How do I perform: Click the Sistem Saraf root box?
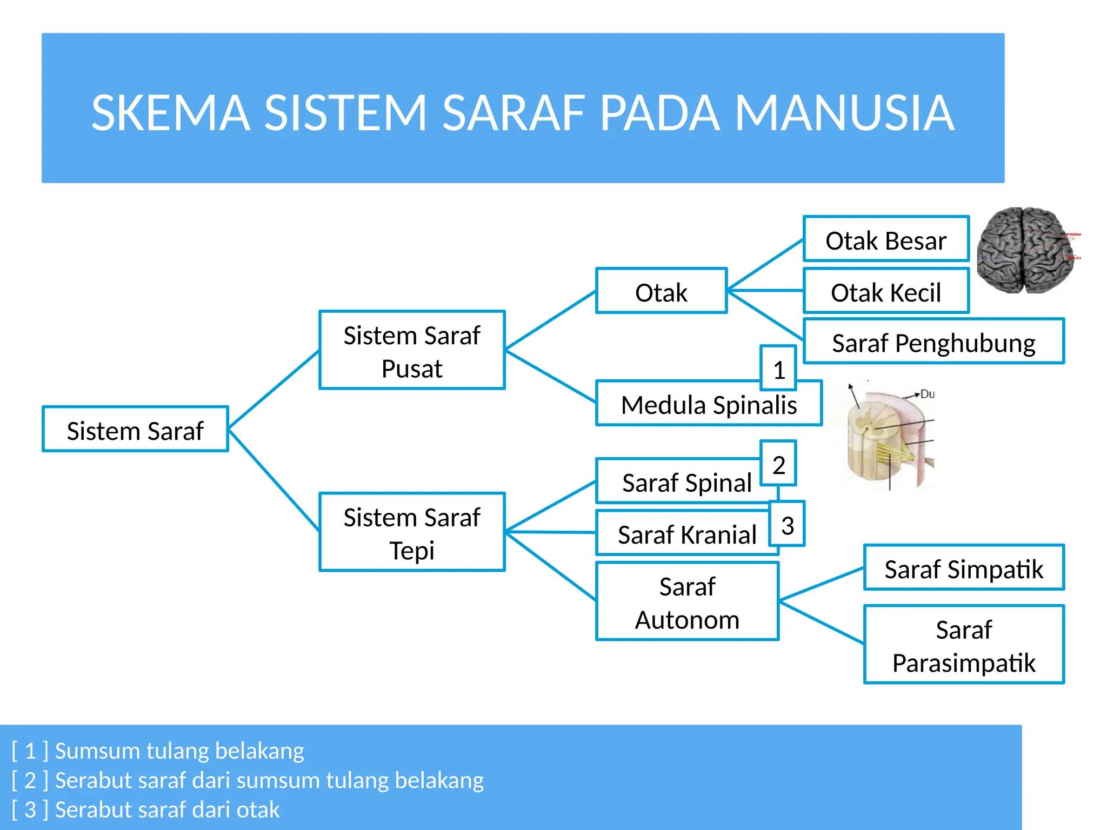135,429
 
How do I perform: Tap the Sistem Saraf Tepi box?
412,532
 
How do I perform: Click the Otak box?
661,291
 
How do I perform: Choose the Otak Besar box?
885,239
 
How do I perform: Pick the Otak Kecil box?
885,291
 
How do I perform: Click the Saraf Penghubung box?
933,342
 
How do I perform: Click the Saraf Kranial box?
686,534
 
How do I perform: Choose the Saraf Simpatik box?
963,568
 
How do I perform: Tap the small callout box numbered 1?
778,369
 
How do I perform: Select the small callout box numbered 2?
778,464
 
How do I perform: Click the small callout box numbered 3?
787,524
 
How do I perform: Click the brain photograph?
1026,250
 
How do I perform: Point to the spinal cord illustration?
886,436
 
